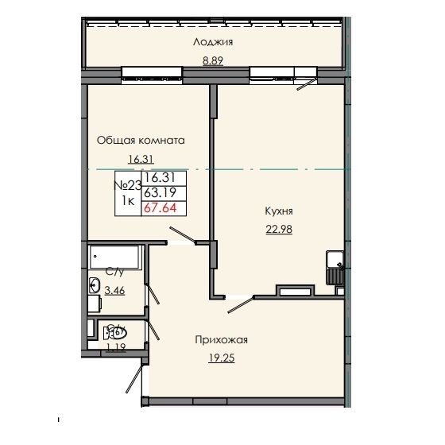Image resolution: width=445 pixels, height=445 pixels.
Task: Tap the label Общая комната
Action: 141,140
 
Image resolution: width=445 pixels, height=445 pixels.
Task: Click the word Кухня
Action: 280,211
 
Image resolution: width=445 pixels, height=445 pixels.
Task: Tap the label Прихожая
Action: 222,340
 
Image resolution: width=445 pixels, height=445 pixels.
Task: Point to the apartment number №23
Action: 128,185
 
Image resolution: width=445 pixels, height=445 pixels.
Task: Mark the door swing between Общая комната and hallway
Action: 188,234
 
